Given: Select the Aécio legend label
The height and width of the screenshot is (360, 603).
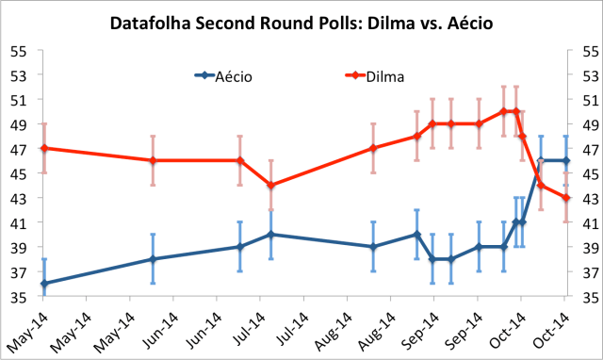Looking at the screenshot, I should pyautogui.click(x=234, y=74).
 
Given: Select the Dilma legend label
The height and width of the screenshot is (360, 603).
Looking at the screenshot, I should pyautogui.click(x=363, y=74).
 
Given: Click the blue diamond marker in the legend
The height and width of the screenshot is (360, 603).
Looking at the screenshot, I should pyautogui.click(x=202, y=74).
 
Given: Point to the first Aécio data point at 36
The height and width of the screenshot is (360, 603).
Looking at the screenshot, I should pyautogui.click(x=43, y=284).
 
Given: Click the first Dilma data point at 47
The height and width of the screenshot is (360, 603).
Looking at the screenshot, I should pyautogui.click(x=43, y=148).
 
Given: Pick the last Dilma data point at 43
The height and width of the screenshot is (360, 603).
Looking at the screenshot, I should pyautogui.click(x=564, y=197).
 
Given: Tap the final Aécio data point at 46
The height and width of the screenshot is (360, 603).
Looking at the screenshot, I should pyautogui.click(x=564, y=160).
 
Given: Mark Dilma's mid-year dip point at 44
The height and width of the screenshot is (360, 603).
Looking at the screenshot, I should pyautogui.click(x=271, y=185).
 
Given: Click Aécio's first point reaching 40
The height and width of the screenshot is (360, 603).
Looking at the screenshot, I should pyautogui.click(x=271, y=234).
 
